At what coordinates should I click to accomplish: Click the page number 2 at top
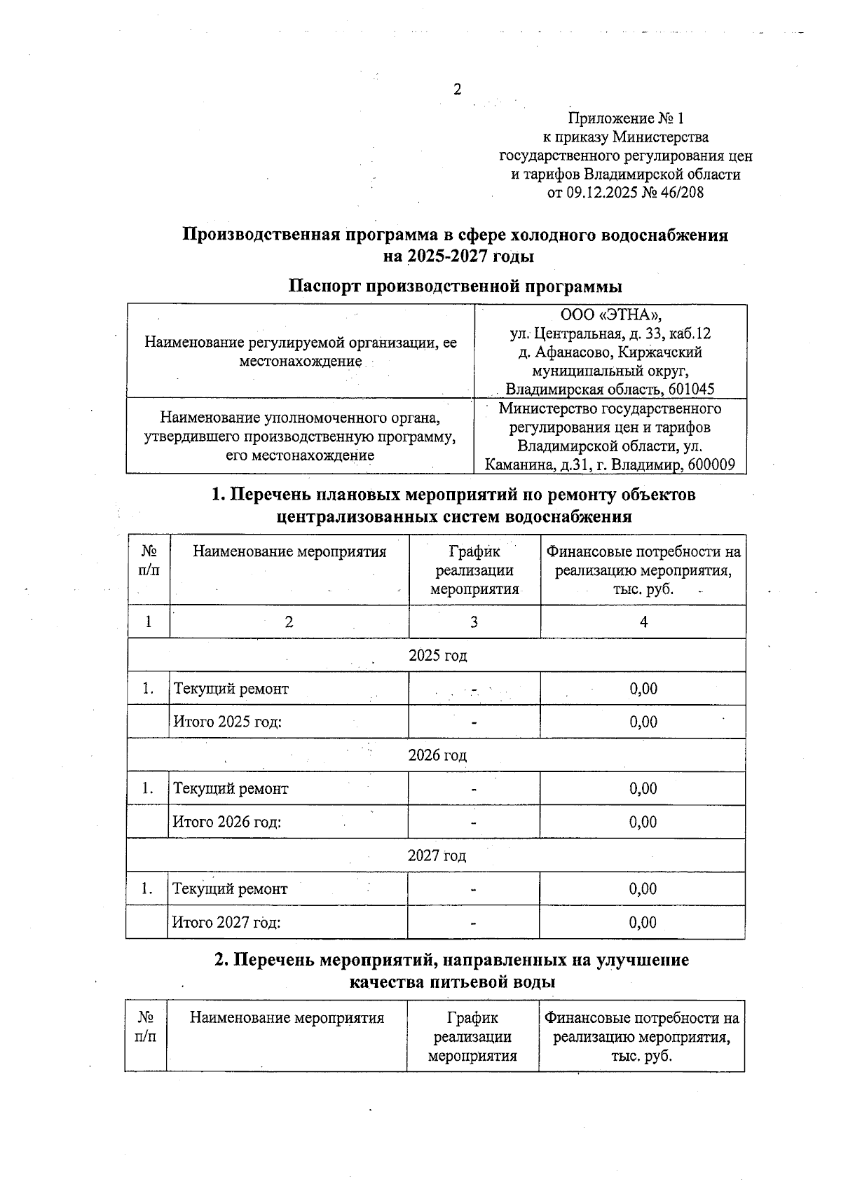(458, 90)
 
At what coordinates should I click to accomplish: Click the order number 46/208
(681, 192)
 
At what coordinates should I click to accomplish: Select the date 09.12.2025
(601, 192)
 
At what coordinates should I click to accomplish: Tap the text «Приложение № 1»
(625, 118)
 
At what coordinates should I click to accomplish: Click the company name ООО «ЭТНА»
(610, 315)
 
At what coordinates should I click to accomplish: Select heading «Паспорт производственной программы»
(456, 287)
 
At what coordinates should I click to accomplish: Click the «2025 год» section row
(437, 655)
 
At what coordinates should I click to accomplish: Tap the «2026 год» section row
(437, 755)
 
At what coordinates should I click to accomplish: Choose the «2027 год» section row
(437, 855)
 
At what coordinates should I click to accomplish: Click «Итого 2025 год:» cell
(228, 722)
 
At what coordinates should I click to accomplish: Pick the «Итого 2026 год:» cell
(227, 822)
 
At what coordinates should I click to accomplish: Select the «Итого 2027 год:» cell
(226, 922)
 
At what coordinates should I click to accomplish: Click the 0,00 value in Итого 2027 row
(643, 922)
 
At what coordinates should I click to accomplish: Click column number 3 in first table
(474, 622)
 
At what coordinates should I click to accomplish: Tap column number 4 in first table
(643, 622)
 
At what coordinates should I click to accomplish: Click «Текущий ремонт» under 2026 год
(231, 789)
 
